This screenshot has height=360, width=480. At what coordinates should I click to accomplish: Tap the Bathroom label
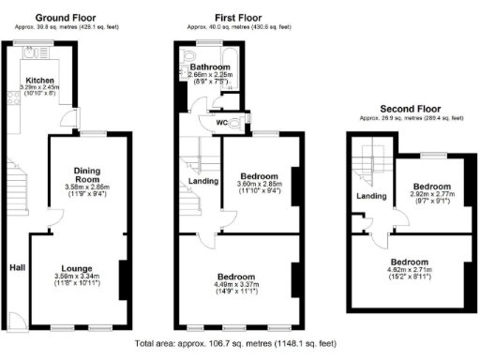pyautogui.click(x=211, y=67)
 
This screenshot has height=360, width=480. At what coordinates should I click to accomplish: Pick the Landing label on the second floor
pyautogui.click(x=372, y=196)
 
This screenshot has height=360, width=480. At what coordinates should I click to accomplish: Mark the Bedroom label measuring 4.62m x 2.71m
pyautogui.click(x=410, y=262)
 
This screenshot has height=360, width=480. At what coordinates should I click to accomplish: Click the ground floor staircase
pyautogui.click(x=21, y=187)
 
